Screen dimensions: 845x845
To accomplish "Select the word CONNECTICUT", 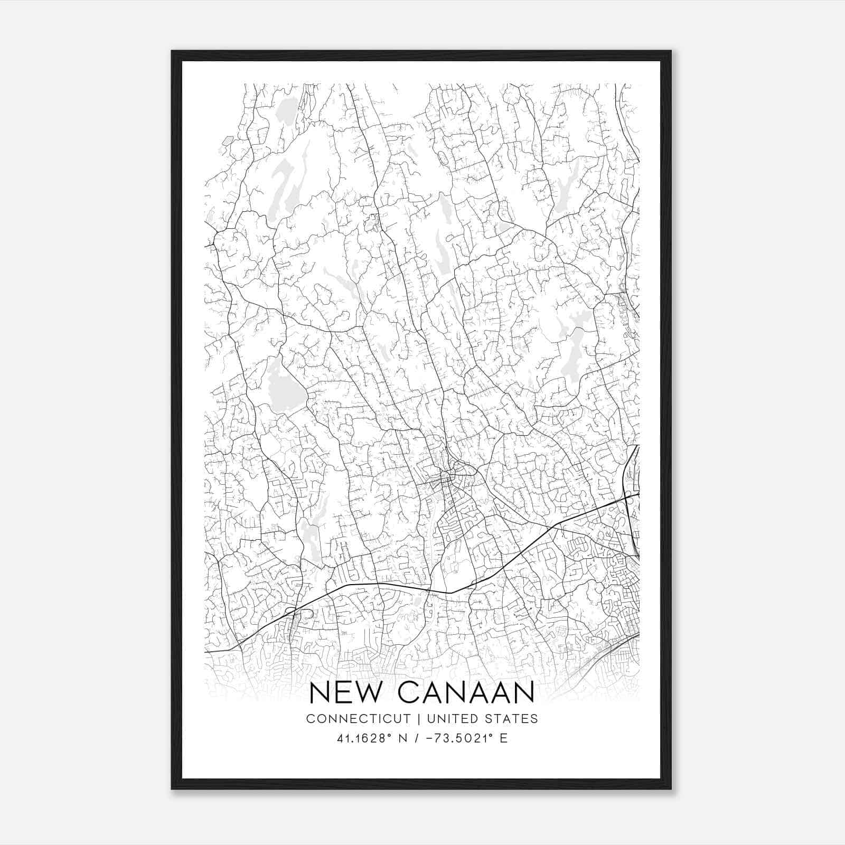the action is pyautogui.click(x=358, y=719).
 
